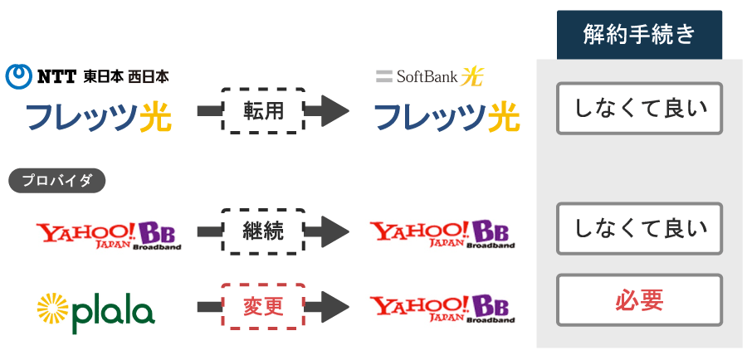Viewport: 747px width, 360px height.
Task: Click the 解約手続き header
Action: (639, 35)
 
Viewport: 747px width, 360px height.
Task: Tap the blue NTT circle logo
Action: (19, 76)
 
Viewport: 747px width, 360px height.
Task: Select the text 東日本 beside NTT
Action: (104, 76)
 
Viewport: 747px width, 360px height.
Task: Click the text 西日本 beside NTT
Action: (149, 76)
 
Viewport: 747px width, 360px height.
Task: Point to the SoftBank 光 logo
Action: (430, 76)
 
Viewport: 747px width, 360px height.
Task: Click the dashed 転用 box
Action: (263, 111)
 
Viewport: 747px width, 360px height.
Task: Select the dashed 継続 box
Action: (263, 231)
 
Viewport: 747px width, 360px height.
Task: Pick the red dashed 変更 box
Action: (263, 307)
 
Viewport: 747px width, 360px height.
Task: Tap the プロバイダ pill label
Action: (56, 181)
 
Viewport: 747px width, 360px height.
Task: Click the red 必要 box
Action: (639, 300)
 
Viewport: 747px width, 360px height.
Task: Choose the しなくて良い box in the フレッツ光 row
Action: (639, 109)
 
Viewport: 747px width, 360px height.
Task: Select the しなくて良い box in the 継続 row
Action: (639, 229)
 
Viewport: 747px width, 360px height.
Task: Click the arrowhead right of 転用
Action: (335, 111)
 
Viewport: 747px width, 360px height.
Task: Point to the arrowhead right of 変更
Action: (335, 307)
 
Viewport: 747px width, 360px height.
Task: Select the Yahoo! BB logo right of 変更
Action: (443, 308)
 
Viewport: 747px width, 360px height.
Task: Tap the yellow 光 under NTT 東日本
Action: (155, 117)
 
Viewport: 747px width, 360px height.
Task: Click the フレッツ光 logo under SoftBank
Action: (447, 117)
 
